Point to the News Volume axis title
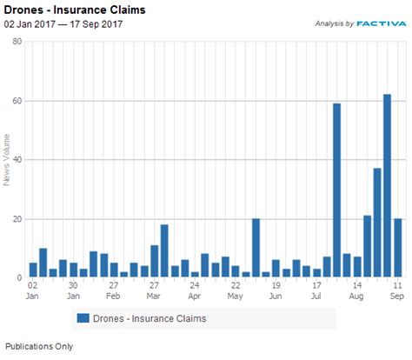pos(8,159)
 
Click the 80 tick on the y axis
pos(17,42)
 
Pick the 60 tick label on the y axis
pos(17,101)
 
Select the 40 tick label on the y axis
pos(17,160)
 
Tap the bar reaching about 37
pos(377,223)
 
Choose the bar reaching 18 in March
pos(164,251)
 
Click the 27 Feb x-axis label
pos(113,290)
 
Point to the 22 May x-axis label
pos(235,290)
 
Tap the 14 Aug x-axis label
pos(356,290)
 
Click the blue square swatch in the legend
pos(83,318)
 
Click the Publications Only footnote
pos(39,346)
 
